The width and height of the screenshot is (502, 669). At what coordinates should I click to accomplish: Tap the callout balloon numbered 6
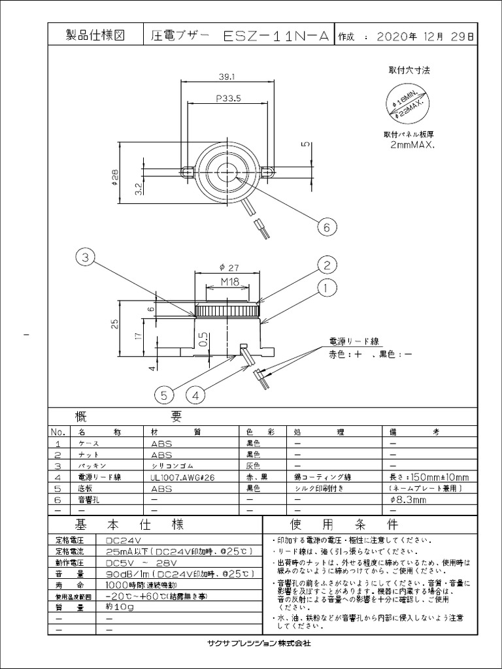coord(327,227)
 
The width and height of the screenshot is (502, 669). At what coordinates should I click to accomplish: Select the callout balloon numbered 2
coord(327,265)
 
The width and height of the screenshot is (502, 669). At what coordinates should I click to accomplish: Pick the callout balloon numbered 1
coord(327,287)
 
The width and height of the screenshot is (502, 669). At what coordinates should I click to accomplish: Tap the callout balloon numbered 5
coord(165,394)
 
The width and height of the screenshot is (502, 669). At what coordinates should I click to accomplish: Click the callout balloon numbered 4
coord(196,394)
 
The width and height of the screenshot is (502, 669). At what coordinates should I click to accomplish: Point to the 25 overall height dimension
coord(116,325)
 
